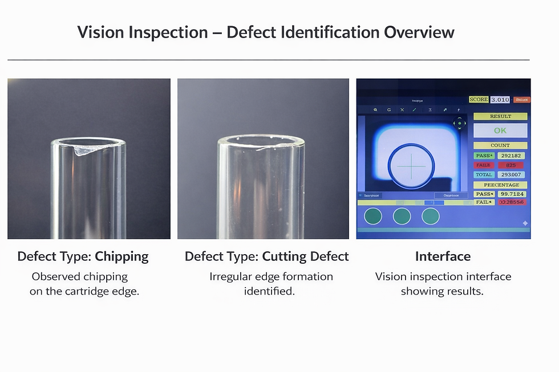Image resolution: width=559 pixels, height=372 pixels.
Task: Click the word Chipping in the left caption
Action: (x=121, y=256)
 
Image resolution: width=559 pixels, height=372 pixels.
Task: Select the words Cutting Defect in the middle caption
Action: (x=305, y=256)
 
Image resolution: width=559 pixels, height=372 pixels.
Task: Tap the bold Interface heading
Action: (x=443, y=256)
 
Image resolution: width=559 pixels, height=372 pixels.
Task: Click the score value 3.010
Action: (x=500, y=100)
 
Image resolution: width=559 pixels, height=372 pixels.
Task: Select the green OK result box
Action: (x=500, y=130)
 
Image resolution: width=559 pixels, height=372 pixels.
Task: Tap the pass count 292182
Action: (x=511, y=156)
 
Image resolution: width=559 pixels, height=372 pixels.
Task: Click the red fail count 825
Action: (x=511, y=165)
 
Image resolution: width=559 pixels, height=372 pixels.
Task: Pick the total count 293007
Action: (x=511, y=175)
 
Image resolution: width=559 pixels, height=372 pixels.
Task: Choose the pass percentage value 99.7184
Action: (x=511, y=194)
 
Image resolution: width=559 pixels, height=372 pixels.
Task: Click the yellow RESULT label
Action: (x=500, y=116)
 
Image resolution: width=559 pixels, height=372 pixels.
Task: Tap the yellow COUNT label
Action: (x=500, y=145)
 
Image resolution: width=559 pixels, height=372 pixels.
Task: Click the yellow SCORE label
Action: (x=479, y=100)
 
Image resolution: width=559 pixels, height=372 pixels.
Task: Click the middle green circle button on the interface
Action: (x=402, y=216)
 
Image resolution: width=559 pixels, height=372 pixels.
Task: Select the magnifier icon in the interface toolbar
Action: (x=375, y=109)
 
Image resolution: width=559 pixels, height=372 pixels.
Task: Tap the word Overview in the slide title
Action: (x=419, y=32)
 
